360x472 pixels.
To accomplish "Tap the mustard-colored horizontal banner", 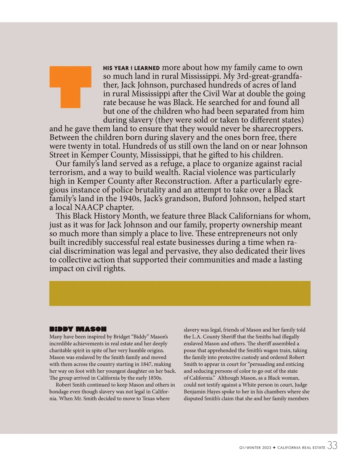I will point(180,293).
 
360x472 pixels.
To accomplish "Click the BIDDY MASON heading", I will point(78,329).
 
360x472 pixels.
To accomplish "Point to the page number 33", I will point(332,446).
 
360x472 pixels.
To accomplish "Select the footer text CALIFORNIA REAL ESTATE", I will point(301,448).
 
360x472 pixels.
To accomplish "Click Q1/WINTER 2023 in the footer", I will point(255,448).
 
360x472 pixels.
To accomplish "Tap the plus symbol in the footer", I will point(274,448).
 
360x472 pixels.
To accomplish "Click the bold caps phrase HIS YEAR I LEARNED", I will point(131,68).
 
